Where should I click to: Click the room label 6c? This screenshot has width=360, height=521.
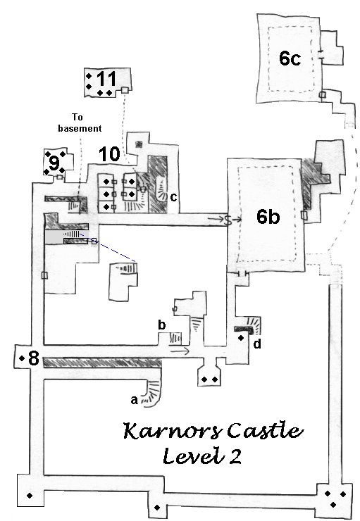(290, 58)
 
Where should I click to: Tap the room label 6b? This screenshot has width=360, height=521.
(268, 217)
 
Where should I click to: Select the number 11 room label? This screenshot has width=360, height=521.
(106, 79)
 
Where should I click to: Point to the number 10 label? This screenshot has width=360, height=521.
(109, 154)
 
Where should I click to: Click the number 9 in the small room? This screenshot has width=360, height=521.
(54, 163)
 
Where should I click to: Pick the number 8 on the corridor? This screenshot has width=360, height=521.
(34, 358)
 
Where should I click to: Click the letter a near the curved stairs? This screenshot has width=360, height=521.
(134, 400)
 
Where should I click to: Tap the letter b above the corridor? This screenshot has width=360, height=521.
(161, 325)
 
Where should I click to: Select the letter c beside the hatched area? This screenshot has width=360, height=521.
(173, 197)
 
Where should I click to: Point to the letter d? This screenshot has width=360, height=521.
(257, 344)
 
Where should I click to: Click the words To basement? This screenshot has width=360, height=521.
(80, 123)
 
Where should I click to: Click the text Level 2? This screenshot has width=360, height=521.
(202, 456)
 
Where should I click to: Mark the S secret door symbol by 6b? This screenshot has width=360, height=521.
(228, 220)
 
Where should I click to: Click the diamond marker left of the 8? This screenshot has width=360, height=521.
(22, 358)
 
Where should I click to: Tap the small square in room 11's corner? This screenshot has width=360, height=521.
(125, 90)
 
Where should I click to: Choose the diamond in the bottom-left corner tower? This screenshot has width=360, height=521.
(30, 496)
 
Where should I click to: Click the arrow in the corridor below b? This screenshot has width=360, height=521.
(179, 351)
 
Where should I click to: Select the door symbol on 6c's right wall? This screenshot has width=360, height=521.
(321, 55)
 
